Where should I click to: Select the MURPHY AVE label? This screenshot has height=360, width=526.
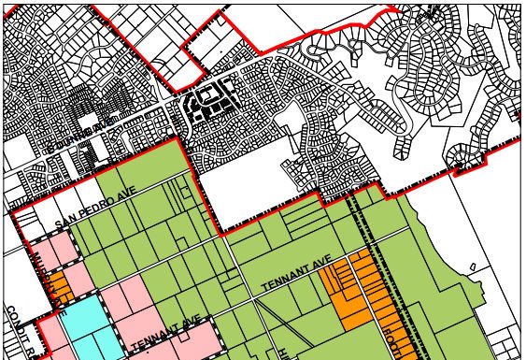pyautogui.click(x=49, y=271)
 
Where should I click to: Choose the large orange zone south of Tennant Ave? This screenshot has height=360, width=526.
pyautogui.click(x=349, y=290)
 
